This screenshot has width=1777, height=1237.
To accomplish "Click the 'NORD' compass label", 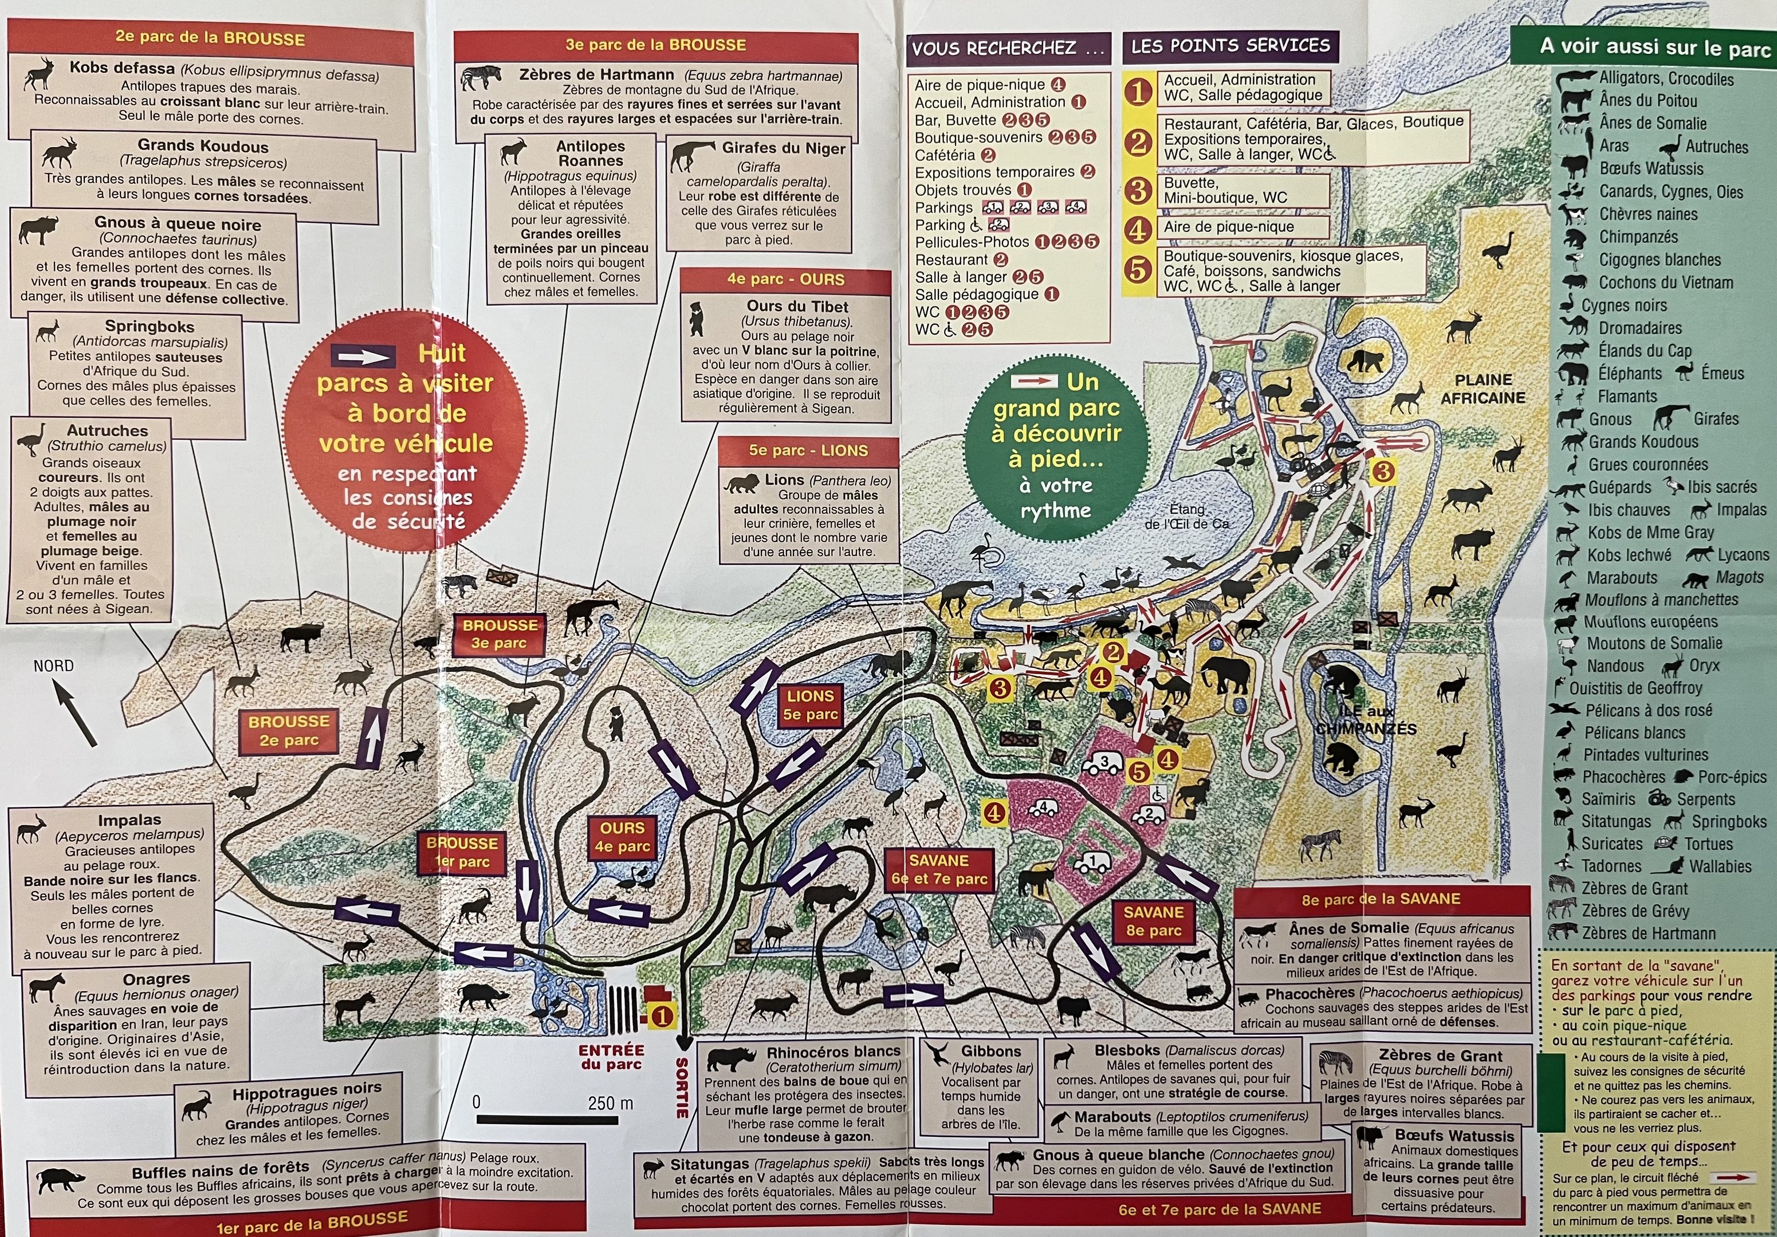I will [x=53, y=666].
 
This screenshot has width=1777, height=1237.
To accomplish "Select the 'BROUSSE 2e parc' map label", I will [x=289, y=730].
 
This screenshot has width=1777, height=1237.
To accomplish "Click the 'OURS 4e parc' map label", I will [x=622, y=837].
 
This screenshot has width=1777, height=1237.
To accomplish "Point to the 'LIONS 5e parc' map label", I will [x=811, y=705].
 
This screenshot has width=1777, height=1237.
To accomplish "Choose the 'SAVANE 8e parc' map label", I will [x=1153, y=921].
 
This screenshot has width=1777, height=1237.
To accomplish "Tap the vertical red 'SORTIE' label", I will [x=682, y=1088].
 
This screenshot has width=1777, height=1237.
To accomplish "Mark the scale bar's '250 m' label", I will [x=610, y=1103].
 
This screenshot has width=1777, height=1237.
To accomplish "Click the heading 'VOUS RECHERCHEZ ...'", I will [x=1008, y=48].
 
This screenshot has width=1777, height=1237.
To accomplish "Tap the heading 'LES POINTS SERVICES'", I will [x=1230, y=46].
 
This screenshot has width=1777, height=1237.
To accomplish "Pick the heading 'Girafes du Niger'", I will [x=783, y=148].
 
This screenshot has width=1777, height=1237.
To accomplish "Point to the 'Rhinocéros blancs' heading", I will [x=833, y=1052].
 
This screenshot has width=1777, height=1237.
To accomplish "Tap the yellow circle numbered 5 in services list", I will [x=1138, y=270].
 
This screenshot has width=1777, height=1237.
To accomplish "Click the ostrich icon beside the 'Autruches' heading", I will [x=32, y=439].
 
